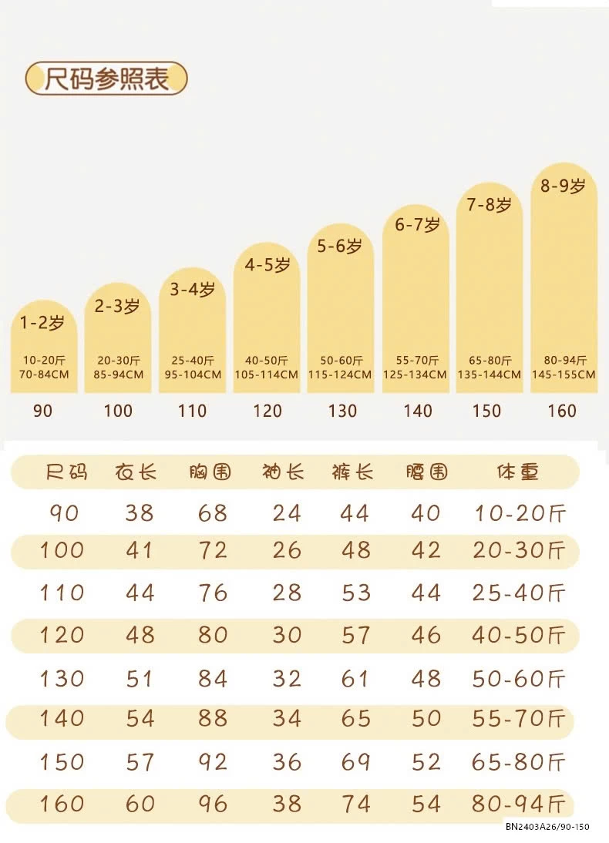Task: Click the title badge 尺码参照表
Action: tap(106, 79)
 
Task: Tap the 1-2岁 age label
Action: tap(43, 323)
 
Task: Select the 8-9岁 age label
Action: tap(563, 186)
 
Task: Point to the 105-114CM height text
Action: tap(267, 374)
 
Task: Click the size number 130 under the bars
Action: tap(342, 411)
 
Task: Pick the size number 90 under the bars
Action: tap(43, 411)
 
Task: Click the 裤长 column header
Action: tap(352, 472)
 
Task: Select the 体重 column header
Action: tap(517, 472)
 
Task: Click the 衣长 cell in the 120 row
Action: tap(140, 635)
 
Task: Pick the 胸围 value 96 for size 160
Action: tap(212, 804)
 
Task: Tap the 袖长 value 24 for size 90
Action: tap(286, 512)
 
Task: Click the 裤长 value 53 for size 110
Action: tap(355, 593)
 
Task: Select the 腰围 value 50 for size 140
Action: tap(426, 719)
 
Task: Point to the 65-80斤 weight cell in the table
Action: tap(519, 762)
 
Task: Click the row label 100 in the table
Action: tap(62, 550)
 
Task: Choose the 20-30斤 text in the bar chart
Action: tap(119, 360)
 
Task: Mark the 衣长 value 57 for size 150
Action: tap(140, 762)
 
